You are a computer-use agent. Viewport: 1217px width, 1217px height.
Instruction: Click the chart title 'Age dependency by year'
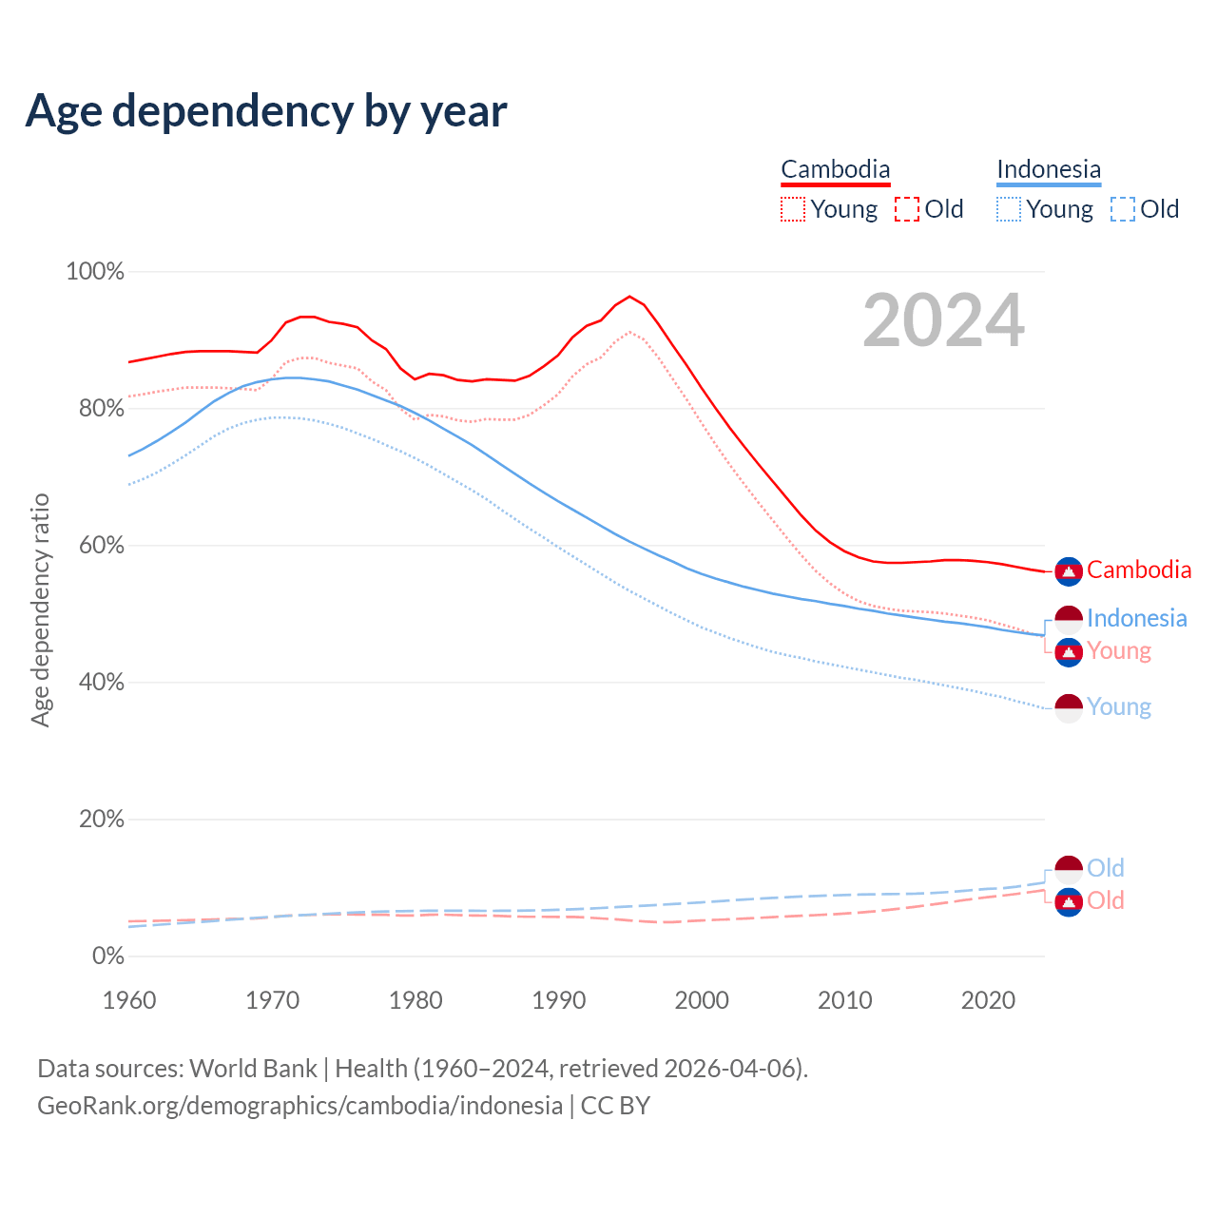[266, 111]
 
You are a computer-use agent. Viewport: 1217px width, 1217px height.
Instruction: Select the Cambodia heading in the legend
[836, 169]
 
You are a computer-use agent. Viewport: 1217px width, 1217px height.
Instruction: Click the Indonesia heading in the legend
[1049, 169]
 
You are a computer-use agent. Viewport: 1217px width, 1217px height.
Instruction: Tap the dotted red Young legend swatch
[793, 209]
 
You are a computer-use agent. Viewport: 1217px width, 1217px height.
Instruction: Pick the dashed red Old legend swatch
[907, 209]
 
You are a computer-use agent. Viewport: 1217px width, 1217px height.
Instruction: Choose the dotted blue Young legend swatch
[1009, 209]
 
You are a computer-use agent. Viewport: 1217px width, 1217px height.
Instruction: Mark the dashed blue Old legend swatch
[1123, 209]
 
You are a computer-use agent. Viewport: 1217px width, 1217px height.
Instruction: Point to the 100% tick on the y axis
[95, 272]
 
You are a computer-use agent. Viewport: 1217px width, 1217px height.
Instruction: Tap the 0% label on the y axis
[108, 956]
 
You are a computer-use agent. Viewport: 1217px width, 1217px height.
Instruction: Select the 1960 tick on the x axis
[129, 1000]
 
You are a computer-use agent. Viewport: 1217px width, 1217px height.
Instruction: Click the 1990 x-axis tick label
[559, 1000]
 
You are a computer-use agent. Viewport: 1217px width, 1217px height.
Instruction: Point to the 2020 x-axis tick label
[989, 1000]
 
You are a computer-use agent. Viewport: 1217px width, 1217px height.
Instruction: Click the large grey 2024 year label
[943, 321]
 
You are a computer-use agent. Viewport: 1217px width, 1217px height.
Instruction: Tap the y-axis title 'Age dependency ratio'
[40, 609]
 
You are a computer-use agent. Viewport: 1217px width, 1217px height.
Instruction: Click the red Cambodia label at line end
[1139, 570]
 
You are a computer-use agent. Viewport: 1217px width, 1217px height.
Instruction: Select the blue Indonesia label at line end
[1137, 619]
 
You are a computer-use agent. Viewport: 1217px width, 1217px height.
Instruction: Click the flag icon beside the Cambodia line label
[1069, 571]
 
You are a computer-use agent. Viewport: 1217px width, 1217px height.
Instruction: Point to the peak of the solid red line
[629, 297]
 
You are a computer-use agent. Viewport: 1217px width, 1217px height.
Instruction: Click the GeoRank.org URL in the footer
[299, 1106]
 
